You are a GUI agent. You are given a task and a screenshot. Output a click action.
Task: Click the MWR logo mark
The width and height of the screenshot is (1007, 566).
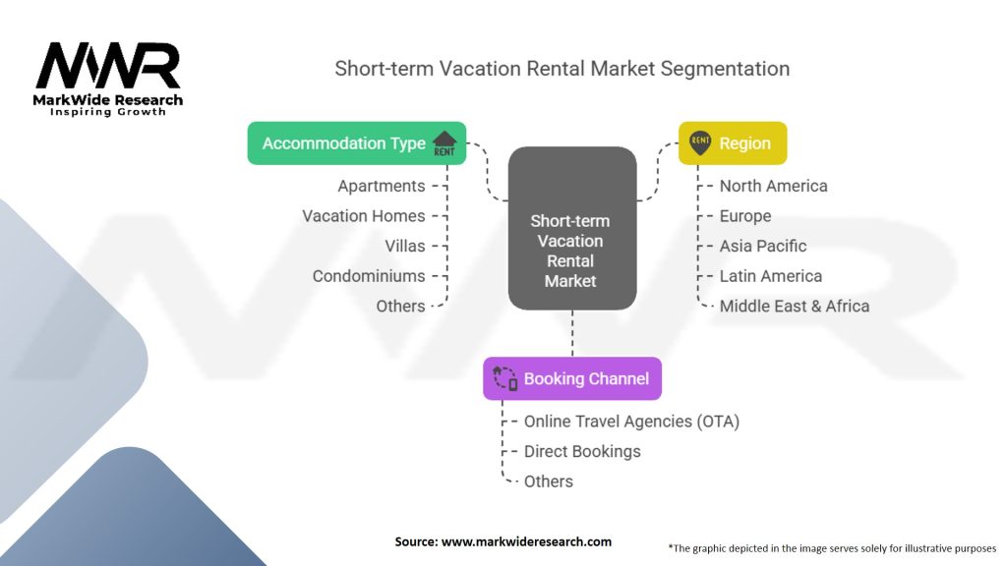(x=108, y=66)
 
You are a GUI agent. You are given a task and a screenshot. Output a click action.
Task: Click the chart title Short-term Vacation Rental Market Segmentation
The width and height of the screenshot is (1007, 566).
(x=562, y=69)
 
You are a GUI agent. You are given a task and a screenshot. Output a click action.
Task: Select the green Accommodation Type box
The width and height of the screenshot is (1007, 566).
(x=357, y=143)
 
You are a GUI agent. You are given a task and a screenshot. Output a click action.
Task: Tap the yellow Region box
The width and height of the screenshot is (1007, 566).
(x=733, y=143)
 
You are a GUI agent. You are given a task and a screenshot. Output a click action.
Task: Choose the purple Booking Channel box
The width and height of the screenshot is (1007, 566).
(x=572, y=378)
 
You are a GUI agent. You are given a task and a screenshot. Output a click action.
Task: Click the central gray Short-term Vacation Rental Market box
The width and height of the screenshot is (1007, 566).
(x=572, y=228)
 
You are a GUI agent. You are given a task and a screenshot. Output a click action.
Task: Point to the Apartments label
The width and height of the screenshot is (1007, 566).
(x=382, y=186)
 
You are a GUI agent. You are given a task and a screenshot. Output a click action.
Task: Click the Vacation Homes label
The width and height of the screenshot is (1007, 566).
(x=364, y=216)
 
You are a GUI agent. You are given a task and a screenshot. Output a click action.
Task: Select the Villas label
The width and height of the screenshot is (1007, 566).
(x=405, y=247)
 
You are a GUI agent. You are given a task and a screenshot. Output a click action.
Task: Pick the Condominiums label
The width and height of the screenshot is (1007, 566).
(x=369, y=276)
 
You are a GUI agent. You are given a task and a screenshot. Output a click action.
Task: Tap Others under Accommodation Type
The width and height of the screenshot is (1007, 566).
(x=401, y=307)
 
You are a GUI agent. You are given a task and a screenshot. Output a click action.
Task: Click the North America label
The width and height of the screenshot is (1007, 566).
(x=773, y=186)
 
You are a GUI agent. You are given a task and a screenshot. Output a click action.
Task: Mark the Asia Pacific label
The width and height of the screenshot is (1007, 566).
(x=763, y=246)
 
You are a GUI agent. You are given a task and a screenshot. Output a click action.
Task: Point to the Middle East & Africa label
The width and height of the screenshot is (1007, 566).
(x=795, y=307)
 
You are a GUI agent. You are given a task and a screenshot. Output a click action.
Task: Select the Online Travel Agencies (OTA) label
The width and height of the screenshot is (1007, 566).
(x=632, y=422)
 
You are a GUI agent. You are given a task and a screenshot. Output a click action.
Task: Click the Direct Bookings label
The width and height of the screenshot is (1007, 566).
(x=582, y=452)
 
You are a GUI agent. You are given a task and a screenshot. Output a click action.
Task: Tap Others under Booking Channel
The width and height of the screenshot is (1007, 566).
(x=549, y=481)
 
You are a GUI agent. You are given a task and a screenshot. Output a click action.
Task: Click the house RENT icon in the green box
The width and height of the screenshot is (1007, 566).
(x=444, y=143)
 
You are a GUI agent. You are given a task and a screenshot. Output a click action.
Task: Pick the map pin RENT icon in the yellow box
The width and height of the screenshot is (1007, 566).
(x=700, y=143)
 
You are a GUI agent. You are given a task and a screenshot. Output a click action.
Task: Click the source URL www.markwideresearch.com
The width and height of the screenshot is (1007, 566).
(x=527, y=541)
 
